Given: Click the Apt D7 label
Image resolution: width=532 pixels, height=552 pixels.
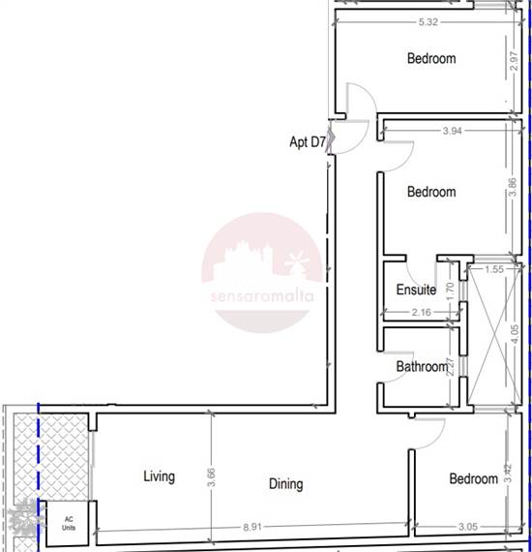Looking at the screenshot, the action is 308,142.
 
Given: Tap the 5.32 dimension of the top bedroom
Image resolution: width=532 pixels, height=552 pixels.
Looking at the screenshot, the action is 428,22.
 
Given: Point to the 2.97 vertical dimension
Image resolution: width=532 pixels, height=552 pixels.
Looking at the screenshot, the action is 514,61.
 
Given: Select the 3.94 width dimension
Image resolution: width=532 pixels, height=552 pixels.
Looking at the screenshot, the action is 452,131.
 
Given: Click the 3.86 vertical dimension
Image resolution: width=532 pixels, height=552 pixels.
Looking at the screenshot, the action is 513,187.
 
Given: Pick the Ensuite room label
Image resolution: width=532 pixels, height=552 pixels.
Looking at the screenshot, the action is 416,290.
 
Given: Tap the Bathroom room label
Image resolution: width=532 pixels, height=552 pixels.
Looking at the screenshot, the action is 422,366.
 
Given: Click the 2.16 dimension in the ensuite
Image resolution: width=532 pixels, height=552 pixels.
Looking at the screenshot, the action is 421,312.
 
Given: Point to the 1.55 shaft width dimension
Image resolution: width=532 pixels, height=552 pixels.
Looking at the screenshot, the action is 494,269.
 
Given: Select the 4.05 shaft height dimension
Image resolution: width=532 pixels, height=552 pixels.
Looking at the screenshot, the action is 514,334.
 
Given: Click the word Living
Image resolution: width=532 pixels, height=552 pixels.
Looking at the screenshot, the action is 159,476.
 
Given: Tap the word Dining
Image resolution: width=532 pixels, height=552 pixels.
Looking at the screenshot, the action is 286,483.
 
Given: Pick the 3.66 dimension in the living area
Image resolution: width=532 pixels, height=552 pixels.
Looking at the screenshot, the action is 211,477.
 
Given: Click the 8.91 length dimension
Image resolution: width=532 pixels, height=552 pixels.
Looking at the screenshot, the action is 252,527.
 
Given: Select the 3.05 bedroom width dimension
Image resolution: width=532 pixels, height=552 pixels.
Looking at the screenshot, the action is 468,527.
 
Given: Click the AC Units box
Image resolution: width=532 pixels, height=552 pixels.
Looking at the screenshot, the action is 69,523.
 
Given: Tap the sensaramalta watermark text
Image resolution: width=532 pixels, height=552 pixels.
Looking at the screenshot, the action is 262,296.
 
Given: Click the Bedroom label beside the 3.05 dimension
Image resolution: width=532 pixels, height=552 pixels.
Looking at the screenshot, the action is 474,478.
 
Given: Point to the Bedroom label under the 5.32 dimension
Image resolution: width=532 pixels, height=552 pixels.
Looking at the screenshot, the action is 431,58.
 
